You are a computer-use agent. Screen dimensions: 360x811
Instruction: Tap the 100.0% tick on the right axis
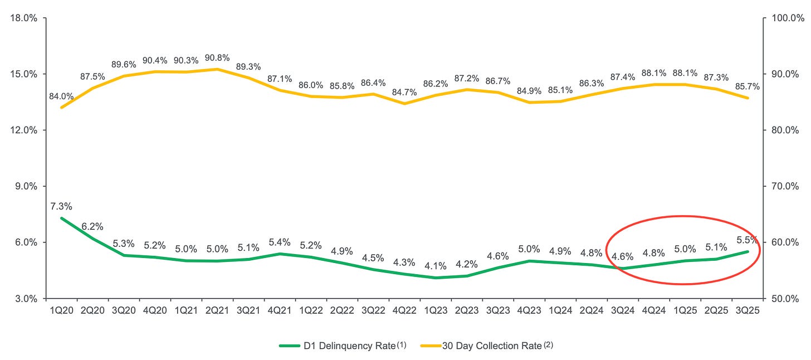point(784,18)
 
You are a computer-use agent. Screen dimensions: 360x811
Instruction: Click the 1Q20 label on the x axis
point(60,310)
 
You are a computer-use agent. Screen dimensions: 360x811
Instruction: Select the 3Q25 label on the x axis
point(748,310)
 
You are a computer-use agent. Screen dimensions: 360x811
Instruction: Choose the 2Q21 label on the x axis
point(217,310)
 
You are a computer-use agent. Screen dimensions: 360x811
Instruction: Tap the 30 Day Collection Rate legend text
point(491,346)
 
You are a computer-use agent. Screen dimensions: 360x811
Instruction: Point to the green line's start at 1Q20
point(61,218)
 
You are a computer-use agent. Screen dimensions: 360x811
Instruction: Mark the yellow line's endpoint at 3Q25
point(748,98)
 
